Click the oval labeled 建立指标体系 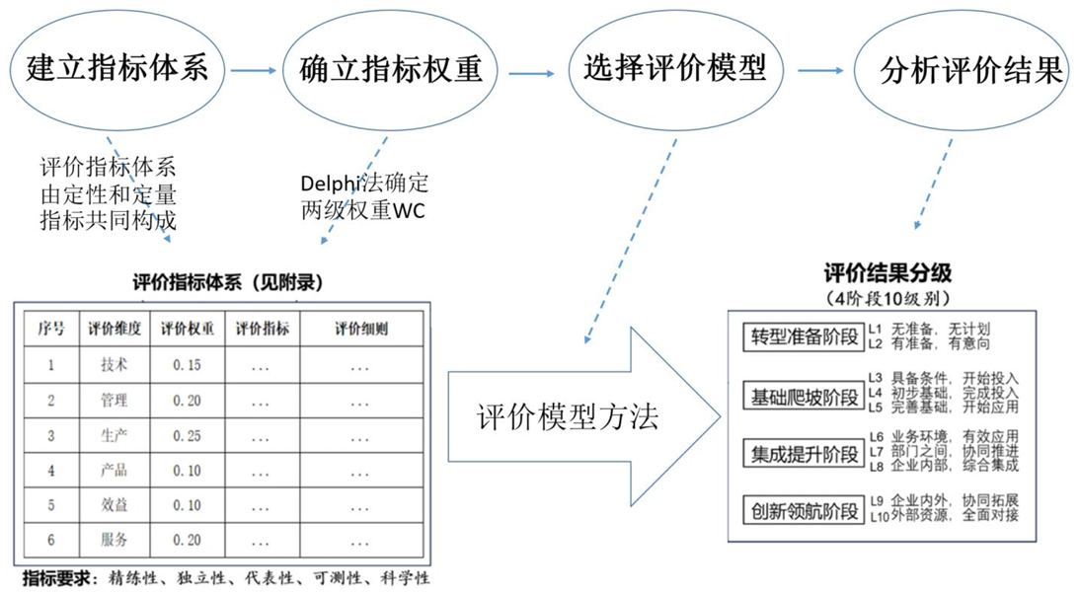(116, 70)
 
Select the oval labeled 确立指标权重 (390, 70)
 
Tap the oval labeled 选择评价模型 (674, 70)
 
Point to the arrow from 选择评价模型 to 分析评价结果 (820, 71)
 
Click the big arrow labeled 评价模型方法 (582, 416)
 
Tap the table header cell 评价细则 (360, 329)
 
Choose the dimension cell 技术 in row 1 (115, 365)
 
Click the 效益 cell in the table (115, 505)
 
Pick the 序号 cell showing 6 (51, 540)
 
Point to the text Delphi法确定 (364, 185)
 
